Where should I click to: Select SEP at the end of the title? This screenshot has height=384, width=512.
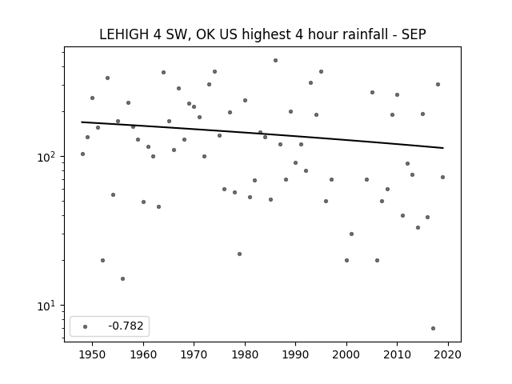[x=414, y=34]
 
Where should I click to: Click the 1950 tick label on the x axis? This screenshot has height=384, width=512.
[x=93, y=354]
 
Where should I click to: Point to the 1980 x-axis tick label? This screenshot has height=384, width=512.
[x=245, y=354]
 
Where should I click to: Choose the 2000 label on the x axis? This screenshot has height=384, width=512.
[x=346, y=354]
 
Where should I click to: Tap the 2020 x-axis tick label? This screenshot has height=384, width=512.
[x=448, y=354]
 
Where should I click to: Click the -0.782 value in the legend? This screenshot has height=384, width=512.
[x=126, y=326]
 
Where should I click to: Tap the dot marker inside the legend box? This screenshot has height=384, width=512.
[x=86, y=326]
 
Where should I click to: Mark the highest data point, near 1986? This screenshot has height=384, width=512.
[x=275, y=61]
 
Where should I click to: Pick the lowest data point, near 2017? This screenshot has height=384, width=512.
[x=433, y=328]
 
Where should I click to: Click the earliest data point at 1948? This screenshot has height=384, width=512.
[x=82, y=154]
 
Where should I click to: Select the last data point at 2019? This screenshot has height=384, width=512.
[x=442, y=177]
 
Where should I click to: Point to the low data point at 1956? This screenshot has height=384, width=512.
[x=122, y=278]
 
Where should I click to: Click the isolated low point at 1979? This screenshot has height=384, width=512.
[x=240, y=254]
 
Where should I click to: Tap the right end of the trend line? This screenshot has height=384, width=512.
[x=443, y=148]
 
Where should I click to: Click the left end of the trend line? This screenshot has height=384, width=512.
[x=82, y=122]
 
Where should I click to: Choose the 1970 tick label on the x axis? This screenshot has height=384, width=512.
[x=194, y=354]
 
